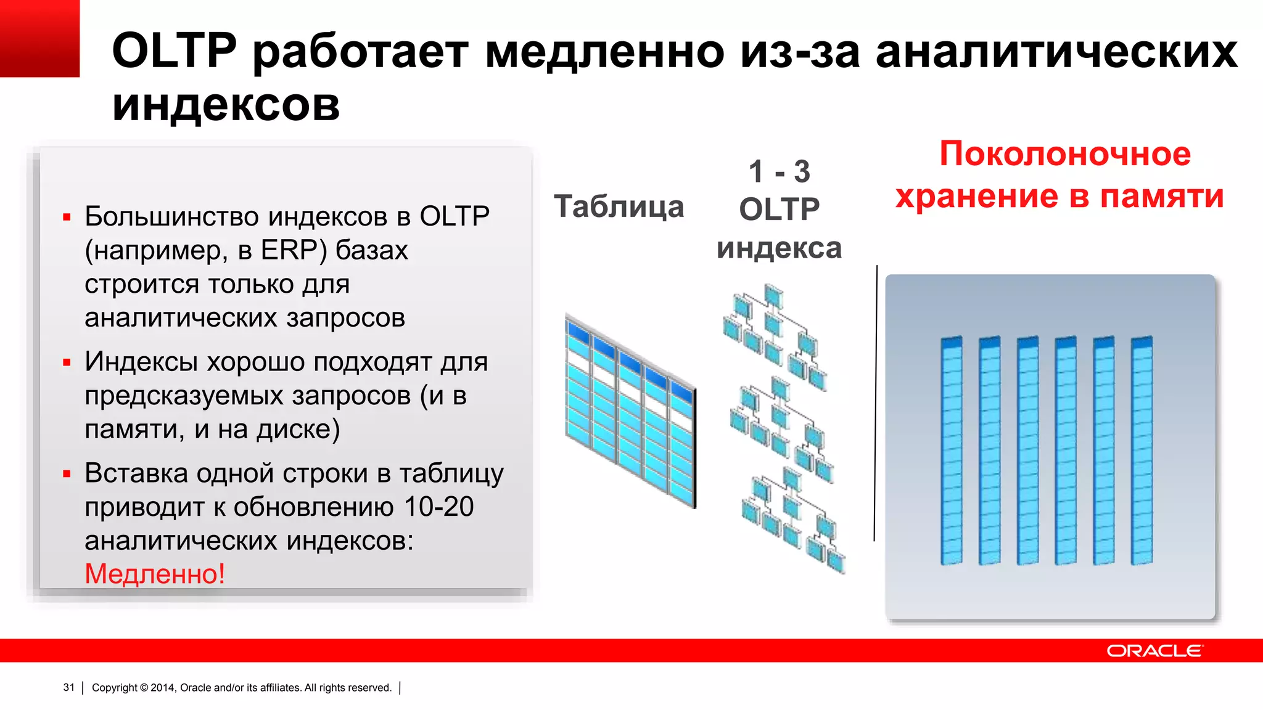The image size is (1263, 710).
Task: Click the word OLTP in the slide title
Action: [x=174, y=51]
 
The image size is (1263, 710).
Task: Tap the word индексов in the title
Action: [x=226, y=105]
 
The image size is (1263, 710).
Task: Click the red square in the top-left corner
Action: [x=39, y=38]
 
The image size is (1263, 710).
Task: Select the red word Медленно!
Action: [x=155, y=574]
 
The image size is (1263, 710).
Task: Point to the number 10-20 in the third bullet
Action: [x=439, y=507]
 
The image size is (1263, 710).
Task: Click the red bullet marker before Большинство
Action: [x=67, y=217]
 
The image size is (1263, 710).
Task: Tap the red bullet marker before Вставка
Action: [x=67, y=474]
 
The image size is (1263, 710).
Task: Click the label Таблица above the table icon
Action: [x=619, y=206]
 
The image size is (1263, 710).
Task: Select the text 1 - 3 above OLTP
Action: [x=779, y=171]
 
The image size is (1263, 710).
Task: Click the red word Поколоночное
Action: [x=1065, y=153]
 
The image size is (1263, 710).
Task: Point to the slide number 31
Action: [x=68, y=687]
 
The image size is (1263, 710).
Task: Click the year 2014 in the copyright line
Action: [x=163, y=688]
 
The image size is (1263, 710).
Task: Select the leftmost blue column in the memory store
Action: [x=952, y=451]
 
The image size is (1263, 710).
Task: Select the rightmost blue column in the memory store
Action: [x=1142, y=451]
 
